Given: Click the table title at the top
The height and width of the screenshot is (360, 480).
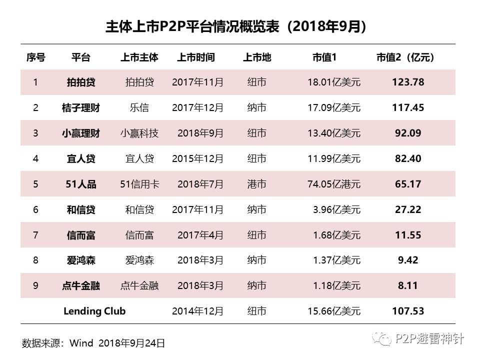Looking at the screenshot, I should click(235, 27).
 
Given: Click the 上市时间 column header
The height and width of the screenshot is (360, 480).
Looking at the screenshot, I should click(196, 57).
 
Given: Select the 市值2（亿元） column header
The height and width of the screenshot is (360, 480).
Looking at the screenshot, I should click(405, 57).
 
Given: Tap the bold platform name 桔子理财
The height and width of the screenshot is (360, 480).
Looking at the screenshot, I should click(81, 107).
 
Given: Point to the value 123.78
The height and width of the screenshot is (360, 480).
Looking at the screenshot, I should click(408, 82).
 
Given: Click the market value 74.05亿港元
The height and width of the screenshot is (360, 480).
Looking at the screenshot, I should click(333, 184).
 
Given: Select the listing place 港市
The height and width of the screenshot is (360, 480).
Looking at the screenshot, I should click(256, 184).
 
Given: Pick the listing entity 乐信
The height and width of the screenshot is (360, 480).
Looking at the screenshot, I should click(139, 107).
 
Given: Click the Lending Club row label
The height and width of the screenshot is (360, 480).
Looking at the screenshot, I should click(94, 311).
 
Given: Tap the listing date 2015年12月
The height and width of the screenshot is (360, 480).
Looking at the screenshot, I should click(197, 158).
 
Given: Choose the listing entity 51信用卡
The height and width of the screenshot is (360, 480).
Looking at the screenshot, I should click(139, 184).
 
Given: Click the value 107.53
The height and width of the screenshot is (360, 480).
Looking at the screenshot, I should click(408, 311).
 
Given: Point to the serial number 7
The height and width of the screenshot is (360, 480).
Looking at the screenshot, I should click(35, 235).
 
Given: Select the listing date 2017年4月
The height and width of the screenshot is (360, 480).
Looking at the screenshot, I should click(200, 235).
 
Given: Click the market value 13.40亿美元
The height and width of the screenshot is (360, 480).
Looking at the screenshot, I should click(333, 133).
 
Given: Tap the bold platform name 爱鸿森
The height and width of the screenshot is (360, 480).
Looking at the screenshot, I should click(81, 260).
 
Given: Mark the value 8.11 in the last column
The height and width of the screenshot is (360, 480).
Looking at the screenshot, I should click(408, 286).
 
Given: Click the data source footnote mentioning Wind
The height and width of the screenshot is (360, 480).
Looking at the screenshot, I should click(93, 343).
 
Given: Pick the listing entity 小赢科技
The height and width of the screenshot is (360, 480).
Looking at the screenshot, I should click(139, 133).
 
